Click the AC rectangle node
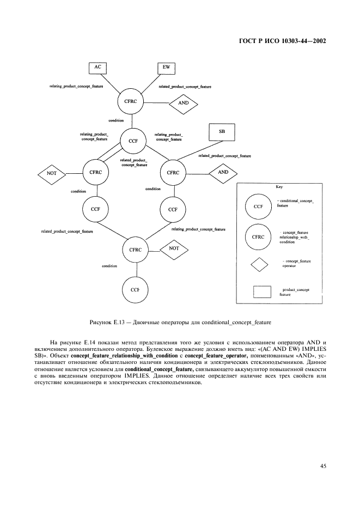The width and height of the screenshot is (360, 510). [98, 67]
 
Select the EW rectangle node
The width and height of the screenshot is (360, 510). [166, 68]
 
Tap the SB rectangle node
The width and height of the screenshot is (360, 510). [222, 132]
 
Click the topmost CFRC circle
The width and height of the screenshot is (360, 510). [131, 101]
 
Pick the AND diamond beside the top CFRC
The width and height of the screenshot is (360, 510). [184, 102]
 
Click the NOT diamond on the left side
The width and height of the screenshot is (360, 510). [52, 173]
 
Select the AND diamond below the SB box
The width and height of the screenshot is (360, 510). [223, 172]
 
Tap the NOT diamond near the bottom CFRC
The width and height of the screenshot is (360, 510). [174, 248]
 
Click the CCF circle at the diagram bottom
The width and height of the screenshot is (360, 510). [135, 289]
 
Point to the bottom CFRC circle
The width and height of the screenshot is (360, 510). [135, 250]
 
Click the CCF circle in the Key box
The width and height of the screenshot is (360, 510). [259, 207]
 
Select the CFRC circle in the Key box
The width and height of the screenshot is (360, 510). [259, 237]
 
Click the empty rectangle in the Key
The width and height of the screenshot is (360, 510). [263, 292]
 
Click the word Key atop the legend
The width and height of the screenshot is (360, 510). [279, 187]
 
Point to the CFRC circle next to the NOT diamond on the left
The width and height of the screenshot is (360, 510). [96, 172]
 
